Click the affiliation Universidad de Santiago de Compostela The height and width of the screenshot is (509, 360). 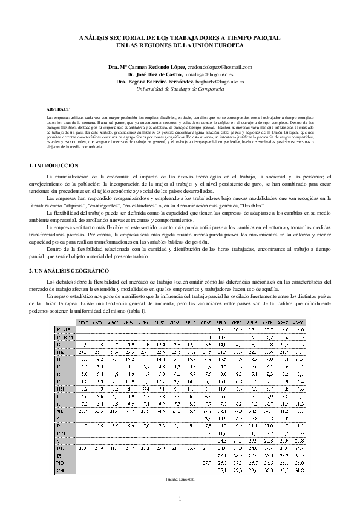180,89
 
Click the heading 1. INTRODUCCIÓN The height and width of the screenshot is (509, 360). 54,165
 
